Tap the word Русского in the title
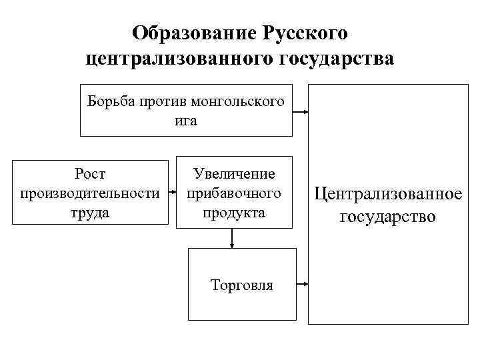click(307, 33)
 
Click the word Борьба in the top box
click(111, 102)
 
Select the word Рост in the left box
click(91, 175)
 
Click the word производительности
click(91, 193)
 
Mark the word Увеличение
click(234, 175)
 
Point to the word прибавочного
click(234, 193)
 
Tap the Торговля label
click(242, 285)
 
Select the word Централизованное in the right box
click(388, 195)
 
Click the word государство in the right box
click(388, 217)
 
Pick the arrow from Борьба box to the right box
click(301, 111)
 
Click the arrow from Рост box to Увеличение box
click(172, 193)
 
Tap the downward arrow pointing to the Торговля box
click(231, 239)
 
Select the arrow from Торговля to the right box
click(302, 285)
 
